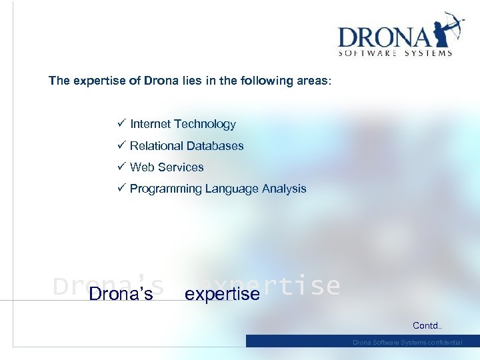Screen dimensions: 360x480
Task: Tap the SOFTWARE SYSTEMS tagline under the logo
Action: click(x=395, y=53)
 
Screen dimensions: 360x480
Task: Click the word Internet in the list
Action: click(x=150, y=124)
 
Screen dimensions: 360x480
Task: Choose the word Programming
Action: click(x=166, y=189)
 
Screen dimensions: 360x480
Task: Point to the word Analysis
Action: click(x=284, y=189)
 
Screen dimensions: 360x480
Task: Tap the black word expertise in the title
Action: click(x=222, y=294)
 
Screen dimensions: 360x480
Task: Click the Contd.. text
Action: click(x=427, y=326)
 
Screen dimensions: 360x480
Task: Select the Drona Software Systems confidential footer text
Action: click(x=407, y=342)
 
